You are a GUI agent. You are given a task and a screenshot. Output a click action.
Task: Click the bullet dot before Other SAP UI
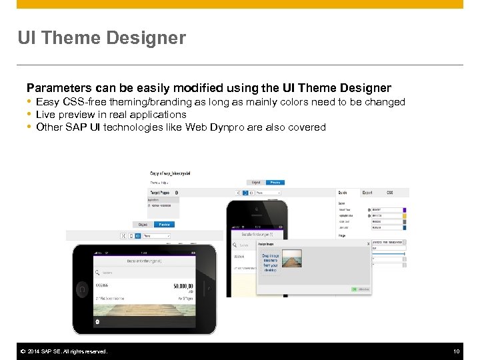29,127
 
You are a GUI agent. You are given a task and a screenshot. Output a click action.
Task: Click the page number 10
456,351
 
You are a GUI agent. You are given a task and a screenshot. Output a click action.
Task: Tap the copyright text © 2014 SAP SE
63,351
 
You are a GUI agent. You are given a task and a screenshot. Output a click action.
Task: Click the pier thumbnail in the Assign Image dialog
291,259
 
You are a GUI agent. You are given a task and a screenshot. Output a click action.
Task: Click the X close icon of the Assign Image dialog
368,244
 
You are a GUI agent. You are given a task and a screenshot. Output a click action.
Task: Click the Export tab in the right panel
367,193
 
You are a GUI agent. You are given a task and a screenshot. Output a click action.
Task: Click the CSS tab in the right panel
389,193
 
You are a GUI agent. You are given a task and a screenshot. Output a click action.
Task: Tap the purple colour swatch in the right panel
404,209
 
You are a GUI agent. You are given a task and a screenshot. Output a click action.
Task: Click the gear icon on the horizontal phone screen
98,321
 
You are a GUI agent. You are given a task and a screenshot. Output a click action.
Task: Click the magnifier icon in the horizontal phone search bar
98,272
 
